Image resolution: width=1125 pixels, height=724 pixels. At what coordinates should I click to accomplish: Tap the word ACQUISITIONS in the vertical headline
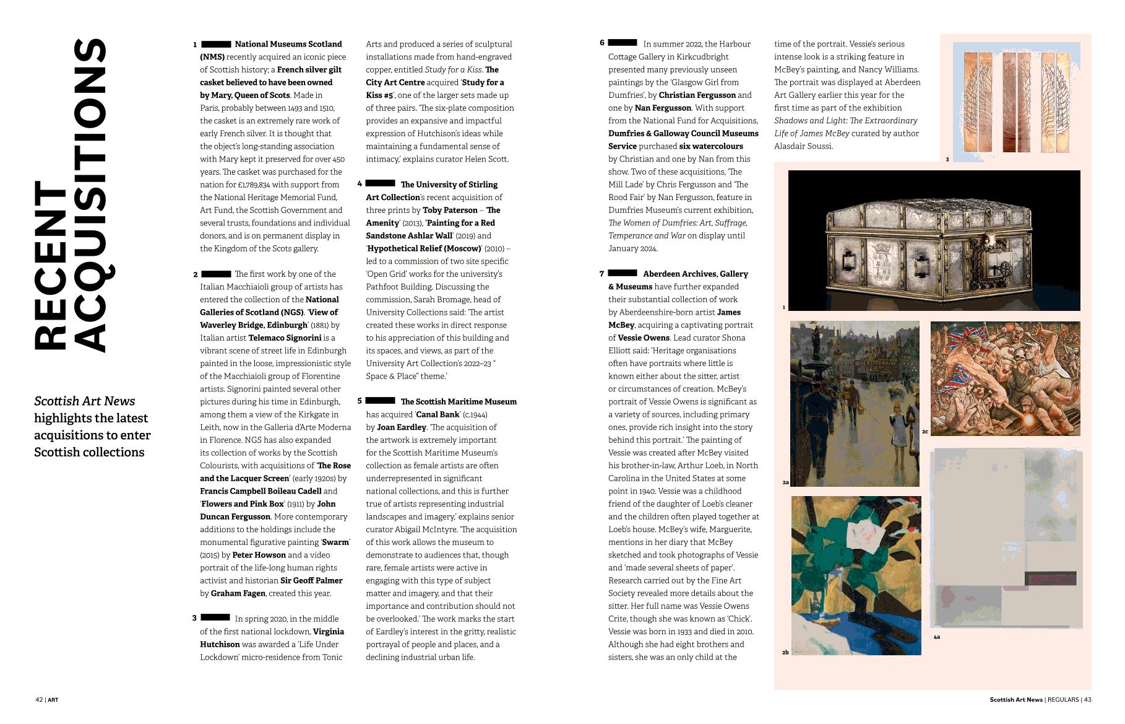pyautogui.click(x=90, y=195)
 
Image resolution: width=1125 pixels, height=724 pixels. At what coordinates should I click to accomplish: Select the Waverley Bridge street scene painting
pyautogui.click(x=854, y=403)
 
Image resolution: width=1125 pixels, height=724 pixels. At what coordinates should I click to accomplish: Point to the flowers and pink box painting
pyautogui.click(x=856, y=575)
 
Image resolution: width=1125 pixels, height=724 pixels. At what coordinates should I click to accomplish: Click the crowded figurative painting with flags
pyautogui.click(x=1005, y=378)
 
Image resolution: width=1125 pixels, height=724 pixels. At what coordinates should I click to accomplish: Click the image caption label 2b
pyautogui.click(x=785, y=652)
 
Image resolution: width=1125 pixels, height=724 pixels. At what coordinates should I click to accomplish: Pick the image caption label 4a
pyautogui.click(x=937, y=637)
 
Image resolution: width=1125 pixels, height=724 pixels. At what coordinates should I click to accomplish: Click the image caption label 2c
pyautogui.click(x=925, y=432)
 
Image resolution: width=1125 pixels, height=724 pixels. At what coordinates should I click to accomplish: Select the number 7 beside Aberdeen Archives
pyautogui.click(x=601, y=274)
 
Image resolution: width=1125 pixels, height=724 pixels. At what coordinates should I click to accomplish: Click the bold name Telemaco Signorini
pyautogui.click(x=285, y=338)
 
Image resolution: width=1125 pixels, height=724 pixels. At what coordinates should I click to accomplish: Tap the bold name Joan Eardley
pyautogui.click(x=402, y=427)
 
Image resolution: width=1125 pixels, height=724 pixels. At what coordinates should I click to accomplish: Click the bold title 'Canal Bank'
pyautogui.click(x=437, y=414)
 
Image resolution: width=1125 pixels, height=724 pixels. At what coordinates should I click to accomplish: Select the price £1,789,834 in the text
pyautogui.click(x=253, y=185)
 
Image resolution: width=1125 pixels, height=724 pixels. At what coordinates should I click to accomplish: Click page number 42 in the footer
pyautogui.click(x=39, y=700)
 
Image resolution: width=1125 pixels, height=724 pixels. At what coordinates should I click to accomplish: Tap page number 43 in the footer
pyautogui.click(x=1087, y=700)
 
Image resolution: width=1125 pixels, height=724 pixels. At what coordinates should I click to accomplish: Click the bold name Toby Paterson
pyautogui.click(x=450, y=210)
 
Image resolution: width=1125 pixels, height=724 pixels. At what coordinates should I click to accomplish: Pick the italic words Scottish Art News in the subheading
pyautogui.click(x=85, y=401)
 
